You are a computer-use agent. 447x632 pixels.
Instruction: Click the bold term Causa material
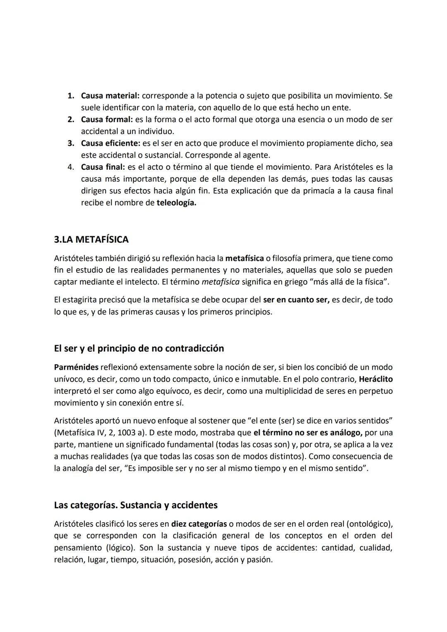110,96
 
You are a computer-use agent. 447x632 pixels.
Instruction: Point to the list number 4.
70,167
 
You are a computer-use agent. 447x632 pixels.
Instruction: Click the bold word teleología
176,203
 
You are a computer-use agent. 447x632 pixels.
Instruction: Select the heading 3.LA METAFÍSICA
91,240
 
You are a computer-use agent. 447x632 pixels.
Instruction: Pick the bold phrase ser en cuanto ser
296,300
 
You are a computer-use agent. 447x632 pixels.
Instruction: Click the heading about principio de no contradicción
139,348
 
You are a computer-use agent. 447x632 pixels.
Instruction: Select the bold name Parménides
76,367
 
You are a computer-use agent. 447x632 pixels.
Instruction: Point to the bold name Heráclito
376,379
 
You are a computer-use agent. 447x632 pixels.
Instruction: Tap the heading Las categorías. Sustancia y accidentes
136,505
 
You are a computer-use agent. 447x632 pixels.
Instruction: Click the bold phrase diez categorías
199,524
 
